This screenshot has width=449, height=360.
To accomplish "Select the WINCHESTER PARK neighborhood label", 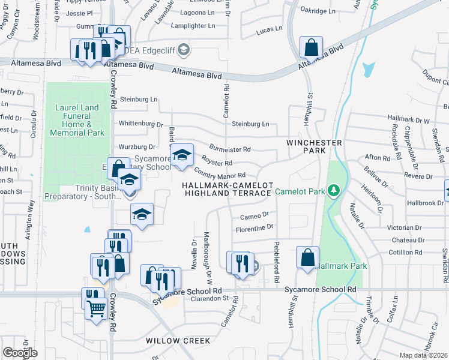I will pyautogui.click(x=314, y=147).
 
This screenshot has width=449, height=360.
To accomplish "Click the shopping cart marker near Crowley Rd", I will pyautogui.click(x=96, y=308).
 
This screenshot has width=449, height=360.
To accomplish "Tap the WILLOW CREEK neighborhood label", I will pyautogui.click(x=170, y=340).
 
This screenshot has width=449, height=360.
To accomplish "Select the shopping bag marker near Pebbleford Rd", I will pyautogui.click(x=307, y=257).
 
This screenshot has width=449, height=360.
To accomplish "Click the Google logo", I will pyautogui.click(x=20, y=353).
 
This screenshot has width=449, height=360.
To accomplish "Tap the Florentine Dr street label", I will pyautogui.click(x=254, y=229).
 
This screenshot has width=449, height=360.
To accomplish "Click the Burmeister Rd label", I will pyautogui.click(x=229, y=148).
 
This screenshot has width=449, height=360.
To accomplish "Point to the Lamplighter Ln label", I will pyautogui.click(x=192, y=26).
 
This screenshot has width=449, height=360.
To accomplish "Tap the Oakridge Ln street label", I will pyautogui.click(x=318, y=11).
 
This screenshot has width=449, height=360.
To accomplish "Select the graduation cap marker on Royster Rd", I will pyautogui.click(x=182, y=155).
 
